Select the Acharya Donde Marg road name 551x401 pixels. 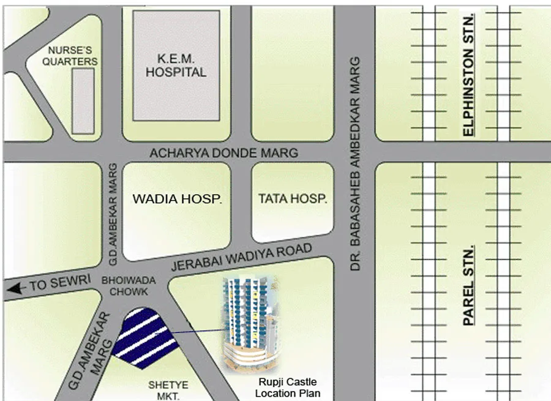[x=224, y=153]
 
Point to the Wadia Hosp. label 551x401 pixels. [x=178, y=199]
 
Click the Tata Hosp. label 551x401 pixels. [x=293, y=199]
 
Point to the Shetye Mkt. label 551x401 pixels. [x=168, y=389]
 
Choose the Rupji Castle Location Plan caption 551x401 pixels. [x=287, y=389]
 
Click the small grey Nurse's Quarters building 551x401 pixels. [x=83, y=100]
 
